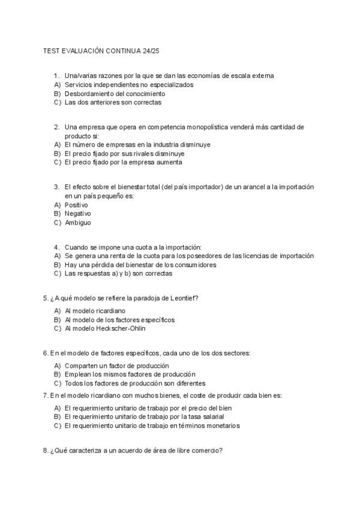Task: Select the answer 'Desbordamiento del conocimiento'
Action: (x=115, y=94)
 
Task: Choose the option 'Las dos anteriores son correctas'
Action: (x=113, y=102)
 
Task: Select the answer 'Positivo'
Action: (x=76, y=205)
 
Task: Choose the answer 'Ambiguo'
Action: (x=78, y=222)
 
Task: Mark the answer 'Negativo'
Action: (x=78, y=213)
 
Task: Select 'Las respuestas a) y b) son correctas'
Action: (x=118, y=273)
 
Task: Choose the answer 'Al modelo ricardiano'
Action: (x=95, y=311)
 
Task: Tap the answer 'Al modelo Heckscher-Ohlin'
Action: (x=105, y=328)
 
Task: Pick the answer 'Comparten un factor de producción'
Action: (x=116, y=366)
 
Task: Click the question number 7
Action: (x=46, y=396)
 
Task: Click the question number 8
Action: (x=46, y=451)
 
